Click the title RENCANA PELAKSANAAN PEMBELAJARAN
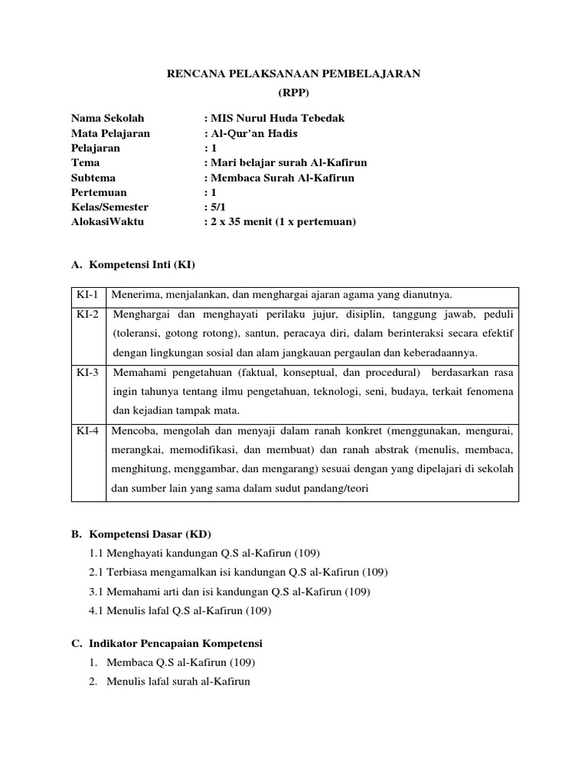point(294,73)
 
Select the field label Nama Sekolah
point(107,118)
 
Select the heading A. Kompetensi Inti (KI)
point(133,266)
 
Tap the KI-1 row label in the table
point(88,295)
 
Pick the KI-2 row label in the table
point(88,315)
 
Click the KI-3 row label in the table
point(88,373)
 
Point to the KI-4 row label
point(88,431)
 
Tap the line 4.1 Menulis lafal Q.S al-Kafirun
point(180,611)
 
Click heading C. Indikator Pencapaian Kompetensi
point(166,644)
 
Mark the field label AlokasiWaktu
point(107,222)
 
